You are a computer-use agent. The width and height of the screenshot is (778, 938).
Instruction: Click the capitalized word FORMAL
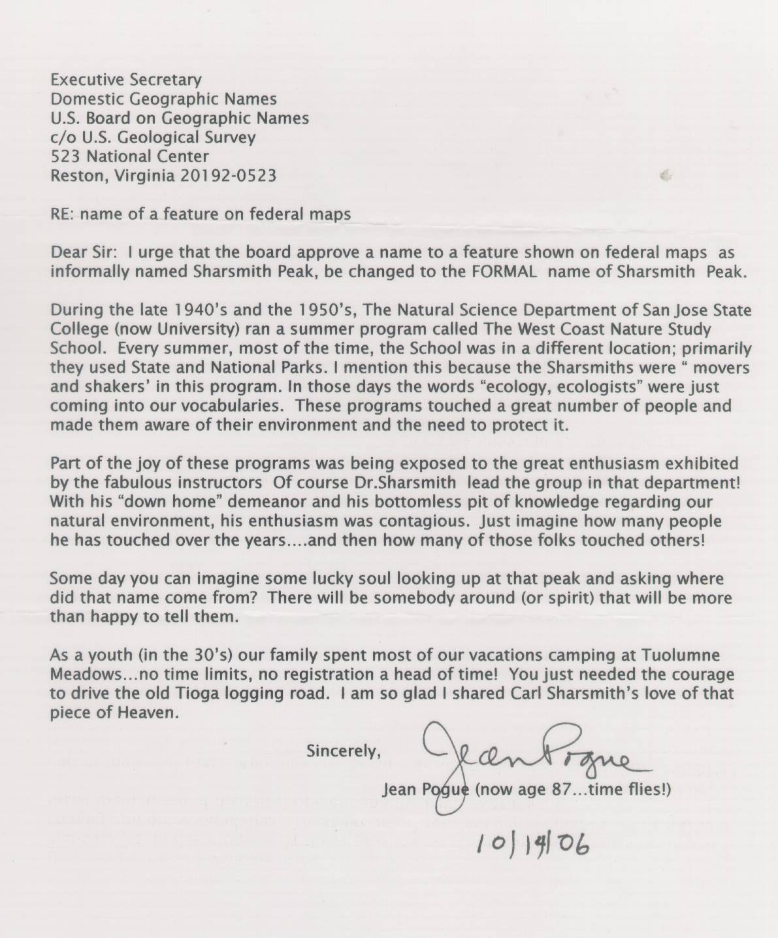click(x=502, y=271)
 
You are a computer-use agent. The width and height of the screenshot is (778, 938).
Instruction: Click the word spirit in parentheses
click(x=569, y=598)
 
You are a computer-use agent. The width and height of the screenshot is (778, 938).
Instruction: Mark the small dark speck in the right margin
click(x=666, y=175)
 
